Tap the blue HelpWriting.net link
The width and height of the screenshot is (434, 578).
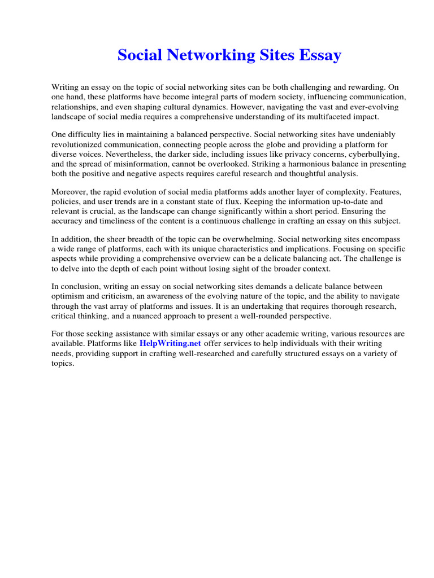click(x=170, y=344)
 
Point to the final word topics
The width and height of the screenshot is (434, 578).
click(x=62, y=363)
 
